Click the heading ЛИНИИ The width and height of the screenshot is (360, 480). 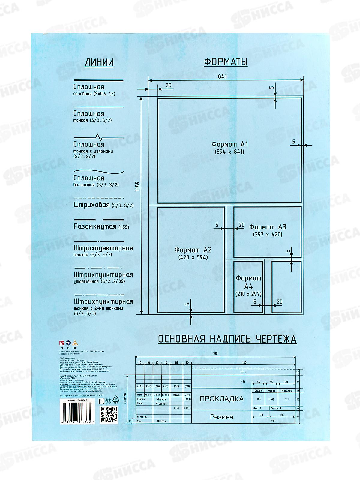tap(99, 62)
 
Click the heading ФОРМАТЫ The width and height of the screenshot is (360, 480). tap(226, 62)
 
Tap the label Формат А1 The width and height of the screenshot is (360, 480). tap(230, 144)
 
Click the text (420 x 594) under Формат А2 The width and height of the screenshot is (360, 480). tap(193, 257)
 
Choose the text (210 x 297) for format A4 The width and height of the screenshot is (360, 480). tap(249, 294)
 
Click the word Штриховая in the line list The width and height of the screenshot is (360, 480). tap(91, 205)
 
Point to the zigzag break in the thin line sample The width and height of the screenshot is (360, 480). tap(99, 137)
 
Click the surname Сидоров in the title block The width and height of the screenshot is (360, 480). tap(161, 404)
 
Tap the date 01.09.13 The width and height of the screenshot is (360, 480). tap(187, 399)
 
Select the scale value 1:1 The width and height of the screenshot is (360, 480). tap(287, 399)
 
